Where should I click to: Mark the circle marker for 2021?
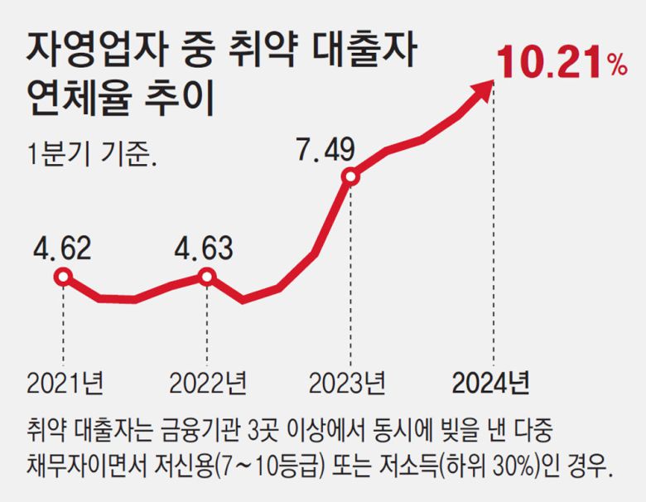pos(64,278)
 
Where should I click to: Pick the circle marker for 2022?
pos(207,277)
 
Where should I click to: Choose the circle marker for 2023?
pos(350,176)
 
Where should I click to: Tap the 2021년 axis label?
pos(65,383)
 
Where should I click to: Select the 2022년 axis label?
pos(207,383)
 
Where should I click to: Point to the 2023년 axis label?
pos(347,383)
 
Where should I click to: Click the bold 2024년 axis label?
pos(490,383)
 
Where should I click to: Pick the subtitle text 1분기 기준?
pos(91,155)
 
